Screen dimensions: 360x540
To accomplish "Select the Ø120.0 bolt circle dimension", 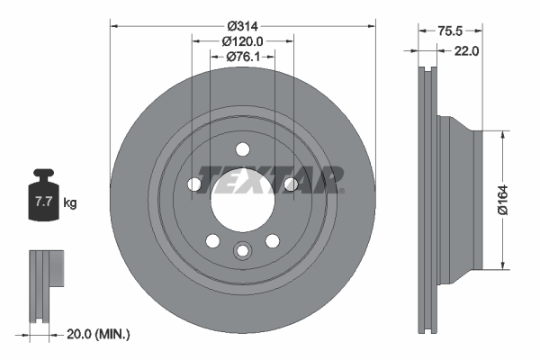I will point(242,41).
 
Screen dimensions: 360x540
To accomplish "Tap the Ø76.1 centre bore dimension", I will point(242,57).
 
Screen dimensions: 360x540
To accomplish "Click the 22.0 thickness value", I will point(465,50).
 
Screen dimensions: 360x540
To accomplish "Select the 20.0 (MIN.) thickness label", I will point(98,334).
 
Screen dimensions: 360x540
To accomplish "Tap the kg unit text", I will point(69,203).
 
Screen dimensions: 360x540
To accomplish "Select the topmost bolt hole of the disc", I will point(242,150).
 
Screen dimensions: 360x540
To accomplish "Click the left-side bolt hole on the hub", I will point(194,184).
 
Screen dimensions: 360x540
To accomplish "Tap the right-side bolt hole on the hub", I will point(290,184).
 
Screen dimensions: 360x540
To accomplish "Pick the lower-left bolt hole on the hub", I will point(212,240).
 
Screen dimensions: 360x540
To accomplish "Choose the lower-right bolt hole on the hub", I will point(272,240).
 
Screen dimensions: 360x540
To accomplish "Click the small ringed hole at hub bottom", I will point(242,251).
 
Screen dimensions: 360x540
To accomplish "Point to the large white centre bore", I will point(242,202).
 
